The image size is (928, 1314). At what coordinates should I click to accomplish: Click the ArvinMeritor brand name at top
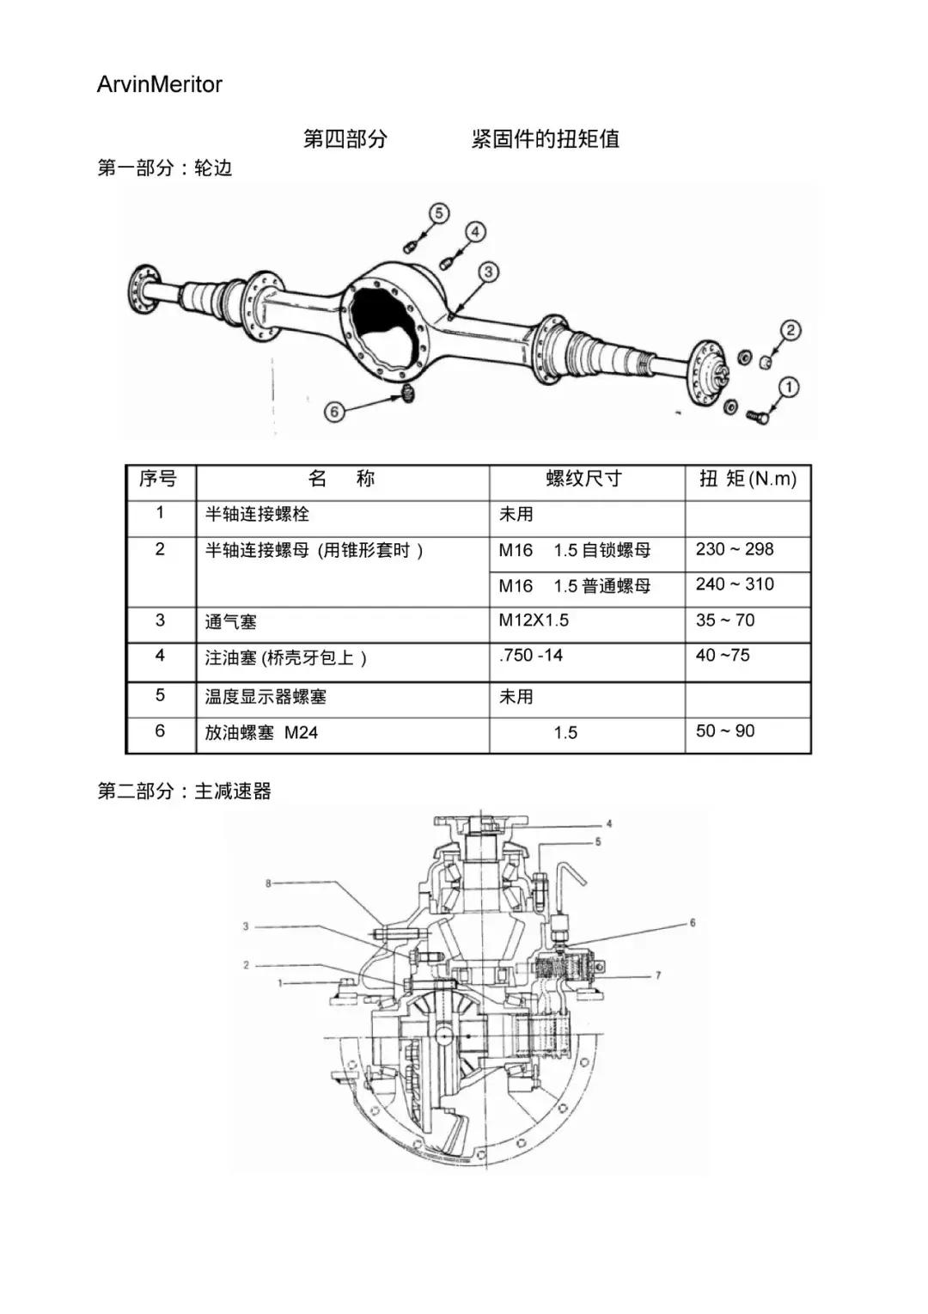click(160, 84)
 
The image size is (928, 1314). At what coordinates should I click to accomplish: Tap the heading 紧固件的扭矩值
click(545, 138)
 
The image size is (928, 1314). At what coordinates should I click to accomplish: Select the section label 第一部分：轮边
click(165, 168)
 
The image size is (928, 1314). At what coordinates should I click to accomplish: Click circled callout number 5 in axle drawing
click(438, 213)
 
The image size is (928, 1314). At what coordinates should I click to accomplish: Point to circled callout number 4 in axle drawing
click(475, 231)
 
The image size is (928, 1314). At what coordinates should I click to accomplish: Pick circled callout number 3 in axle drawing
click(488, 272)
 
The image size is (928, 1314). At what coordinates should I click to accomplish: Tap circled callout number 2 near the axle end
click(790, 330)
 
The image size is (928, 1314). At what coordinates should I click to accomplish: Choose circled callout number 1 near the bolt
click(789, 387)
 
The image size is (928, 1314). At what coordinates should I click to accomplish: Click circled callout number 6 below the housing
click(334, 412)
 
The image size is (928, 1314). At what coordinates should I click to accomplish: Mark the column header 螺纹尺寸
click(583, 479)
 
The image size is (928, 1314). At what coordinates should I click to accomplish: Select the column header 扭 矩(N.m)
click(748, 479)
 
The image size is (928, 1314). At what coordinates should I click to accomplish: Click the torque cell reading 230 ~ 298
click(735, 549)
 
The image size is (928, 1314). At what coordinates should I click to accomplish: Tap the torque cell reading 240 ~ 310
click(735, 584)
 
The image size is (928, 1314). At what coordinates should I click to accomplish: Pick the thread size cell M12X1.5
click(534, 620)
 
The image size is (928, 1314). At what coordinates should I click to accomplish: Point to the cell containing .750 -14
click(531, 656)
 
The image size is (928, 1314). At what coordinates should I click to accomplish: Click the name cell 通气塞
click(230, 622)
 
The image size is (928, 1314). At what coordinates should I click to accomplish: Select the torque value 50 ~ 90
click(725, 731)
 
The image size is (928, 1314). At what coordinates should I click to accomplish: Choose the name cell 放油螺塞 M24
click(261, 733)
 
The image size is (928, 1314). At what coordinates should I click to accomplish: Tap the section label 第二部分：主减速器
click(185, 791)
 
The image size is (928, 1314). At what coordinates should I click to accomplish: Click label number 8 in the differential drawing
click(268, 883)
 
